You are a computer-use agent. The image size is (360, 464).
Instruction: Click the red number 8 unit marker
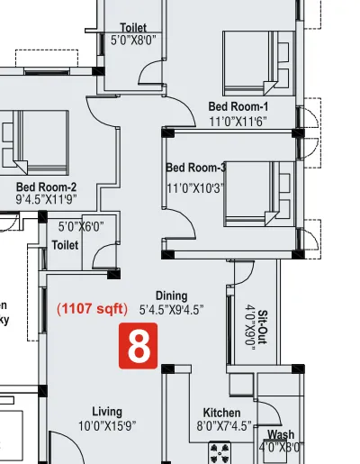tap(139, 348)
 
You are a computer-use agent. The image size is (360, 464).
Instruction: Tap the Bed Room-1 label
tap(238, 106)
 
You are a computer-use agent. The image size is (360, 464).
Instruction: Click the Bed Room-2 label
tap(47, 187)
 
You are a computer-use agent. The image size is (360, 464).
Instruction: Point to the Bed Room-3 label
tap(196, 168)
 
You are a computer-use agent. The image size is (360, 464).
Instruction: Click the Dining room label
tap(171, 296)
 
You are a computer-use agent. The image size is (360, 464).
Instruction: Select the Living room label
tap(106, 412)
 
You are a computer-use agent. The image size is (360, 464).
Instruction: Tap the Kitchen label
tap(221, 413)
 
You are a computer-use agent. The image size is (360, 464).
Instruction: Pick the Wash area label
tap(281, 433)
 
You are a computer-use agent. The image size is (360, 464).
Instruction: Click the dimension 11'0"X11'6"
tap(238, 120)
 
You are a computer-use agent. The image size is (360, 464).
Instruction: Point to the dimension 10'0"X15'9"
tap(106, 425)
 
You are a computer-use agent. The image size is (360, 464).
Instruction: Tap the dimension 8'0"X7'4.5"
tap(222, 426)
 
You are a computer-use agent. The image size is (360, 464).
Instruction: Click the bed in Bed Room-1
tap(256, 59)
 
